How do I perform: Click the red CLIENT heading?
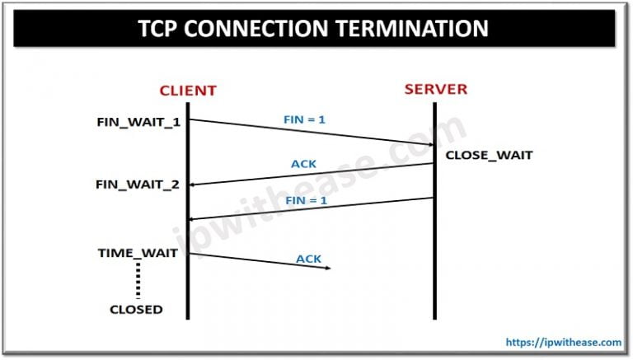point(188,90)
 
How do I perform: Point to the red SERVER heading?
point(434,89)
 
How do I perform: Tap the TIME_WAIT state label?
point(138,253)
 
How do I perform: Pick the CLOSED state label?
point(136,310)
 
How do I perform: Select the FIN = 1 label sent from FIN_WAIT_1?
point(304,119)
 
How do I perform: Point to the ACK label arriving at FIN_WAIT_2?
point(304,164)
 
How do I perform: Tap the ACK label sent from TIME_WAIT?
point(308,259)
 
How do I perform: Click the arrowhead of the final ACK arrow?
point(327,268)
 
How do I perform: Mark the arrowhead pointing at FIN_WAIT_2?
point(195,185)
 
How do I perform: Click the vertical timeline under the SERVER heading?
point(434,247)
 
